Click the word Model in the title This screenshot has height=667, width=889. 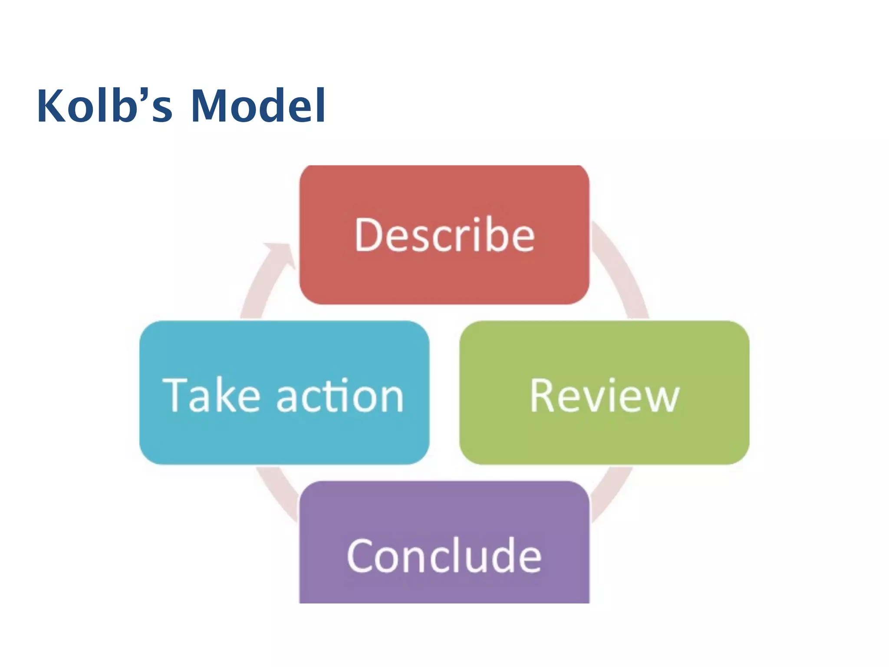tap(258, 106)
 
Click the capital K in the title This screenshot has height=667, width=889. tap(51, 106)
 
